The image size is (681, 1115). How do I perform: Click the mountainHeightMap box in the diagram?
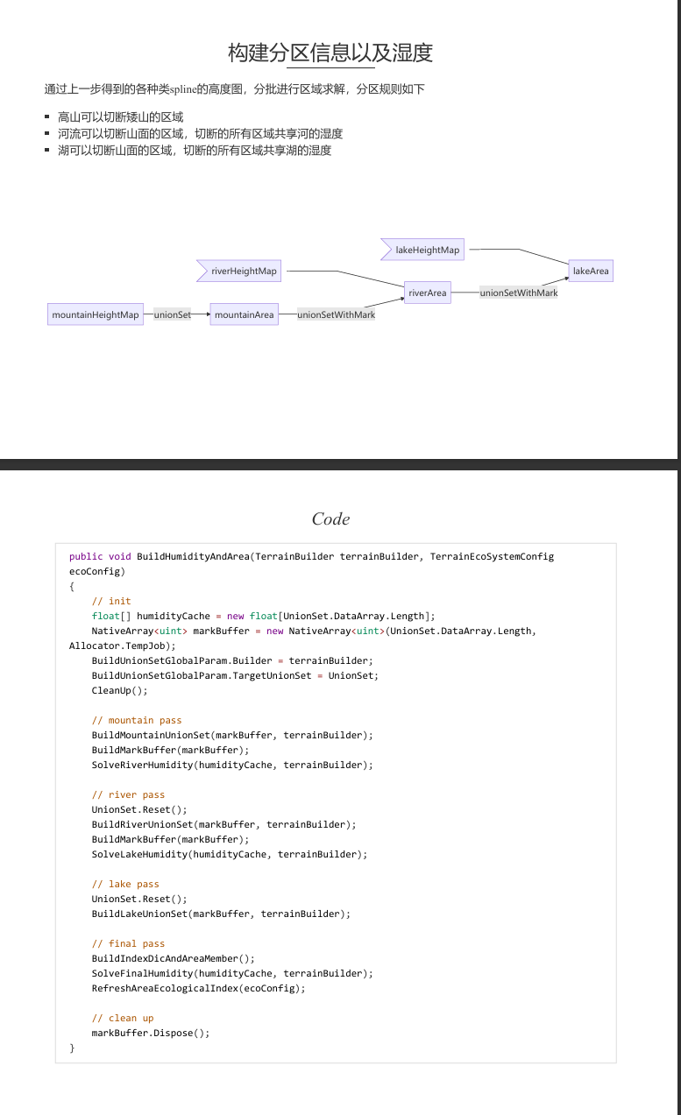[96, 314]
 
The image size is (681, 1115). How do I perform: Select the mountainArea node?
[245, 314]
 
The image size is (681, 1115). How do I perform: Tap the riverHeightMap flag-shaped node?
[238, 271]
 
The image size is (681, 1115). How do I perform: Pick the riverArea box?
[428, 293]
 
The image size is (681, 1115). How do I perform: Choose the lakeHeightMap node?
[422, 250]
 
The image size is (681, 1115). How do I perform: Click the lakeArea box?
[591, 271]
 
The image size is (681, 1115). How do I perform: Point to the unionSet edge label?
[173, 314]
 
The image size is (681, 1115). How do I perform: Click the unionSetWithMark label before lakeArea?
[519, 293]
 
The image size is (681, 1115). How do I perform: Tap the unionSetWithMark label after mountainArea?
[337, 314]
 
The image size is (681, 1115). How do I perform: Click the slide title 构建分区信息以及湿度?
[330, 53]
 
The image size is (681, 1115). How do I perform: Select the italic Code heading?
[330, 519]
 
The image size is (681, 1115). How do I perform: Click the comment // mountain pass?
[137, 720]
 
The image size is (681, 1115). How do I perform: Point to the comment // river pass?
[128, 795]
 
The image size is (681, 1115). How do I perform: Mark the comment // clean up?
[123, 1018]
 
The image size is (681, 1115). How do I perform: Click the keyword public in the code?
[86, 556]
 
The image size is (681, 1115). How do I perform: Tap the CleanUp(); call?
[119, 690]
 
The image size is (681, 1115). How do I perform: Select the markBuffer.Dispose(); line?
[151, 1033]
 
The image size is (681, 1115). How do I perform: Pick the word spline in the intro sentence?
[183, 89]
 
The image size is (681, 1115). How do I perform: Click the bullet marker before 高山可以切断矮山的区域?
[46, 117]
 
